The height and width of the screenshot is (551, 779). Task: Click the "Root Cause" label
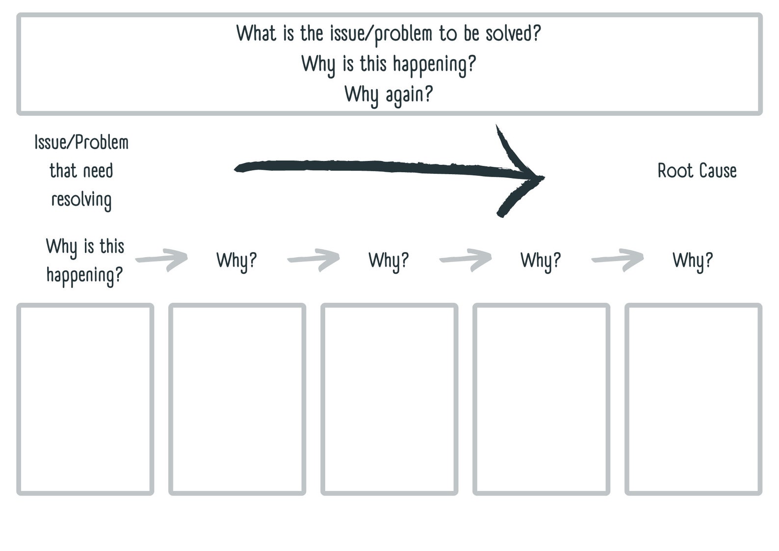point(697,171)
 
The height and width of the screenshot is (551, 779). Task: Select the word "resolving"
point(81,200)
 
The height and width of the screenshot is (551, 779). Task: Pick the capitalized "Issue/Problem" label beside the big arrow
point(81,142)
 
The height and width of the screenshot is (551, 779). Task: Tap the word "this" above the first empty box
point(112,246)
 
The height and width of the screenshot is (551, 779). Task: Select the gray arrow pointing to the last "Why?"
point(618,259)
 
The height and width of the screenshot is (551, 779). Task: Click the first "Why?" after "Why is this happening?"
point(236,260)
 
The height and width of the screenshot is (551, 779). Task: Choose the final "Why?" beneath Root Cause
point(692,260)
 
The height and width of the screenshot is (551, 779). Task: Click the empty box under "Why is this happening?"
point(85,399)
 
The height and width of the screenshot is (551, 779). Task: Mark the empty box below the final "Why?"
point(693,399)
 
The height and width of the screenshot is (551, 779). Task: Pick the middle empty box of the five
point(389,399)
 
